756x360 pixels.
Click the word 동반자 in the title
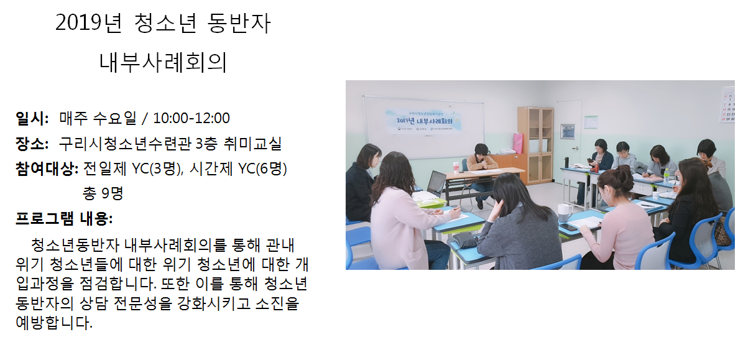(239, 23)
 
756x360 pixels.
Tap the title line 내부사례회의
(163, 62)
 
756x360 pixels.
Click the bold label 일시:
(32, 118)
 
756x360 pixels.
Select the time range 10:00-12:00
(191, 118)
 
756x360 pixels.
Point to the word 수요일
(115, 118)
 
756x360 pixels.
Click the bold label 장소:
(32, 144)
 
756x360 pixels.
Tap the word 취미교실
(252, 144)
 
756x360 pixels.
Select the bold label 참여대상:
(47, 168)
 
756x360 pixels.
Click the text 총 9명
(103, 193)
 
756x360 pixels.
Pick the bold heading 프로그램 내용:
(64, 219)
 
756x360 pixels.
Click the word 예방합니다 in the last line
(54, 323)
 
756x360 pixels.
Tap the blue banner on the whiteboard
(423, 121)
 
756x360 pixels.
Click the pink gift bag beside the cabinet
(518, 144)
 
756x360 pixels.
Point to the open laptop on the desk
(436, 183)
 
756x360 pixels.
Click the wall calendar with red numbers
(728, 104)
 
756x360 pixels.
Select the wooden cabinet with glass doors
(535, 145)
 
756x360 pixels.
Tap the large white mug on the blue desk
(565, 213)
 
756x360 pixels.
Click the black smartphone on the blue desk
(568, 227)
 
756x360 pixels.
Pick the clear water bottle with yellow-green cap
(666, 176)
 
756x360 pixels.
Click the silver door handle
(578, 148)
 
